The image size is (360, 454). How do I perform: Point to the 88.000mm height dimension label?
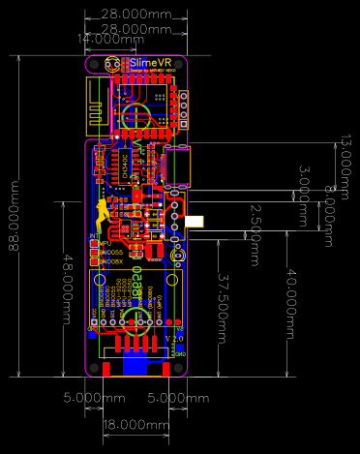(14, 215)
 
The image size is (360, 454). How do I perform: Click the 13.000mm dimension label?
(343, 159)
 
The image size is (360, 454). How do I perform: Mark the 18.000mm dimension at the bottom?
(135, 425)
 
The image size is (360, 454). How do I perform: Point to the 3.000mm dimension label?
(304, 183)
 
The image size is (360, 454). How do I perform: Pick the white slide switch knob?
(196, 223)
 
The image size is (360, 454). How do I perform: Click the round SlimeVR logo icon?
(112, 64)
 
